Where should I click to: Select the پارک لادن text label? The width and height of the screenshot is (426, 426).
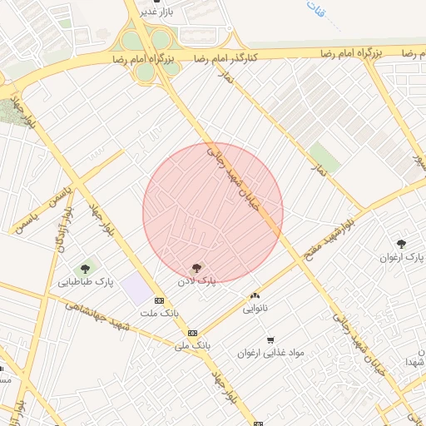[196, 282]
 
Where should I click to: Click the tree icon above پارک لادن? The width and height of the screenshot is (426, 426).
[196, 268]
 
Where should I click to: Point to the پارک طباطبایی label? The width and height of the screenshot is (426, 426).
[86, 283]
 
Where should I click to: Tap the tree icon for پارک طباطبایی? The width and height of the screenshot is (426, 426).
[85, 269]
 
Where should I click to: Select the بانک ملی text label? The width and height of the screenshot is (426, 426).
[192, 344]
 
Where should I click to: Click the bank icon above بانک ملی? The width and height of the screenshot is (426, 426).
[192, 331]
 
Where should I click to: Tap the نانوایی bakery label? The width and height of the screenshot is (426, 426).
[255, 309]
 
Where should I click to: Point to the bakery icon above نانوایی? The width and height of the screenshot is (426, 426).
[255, 295]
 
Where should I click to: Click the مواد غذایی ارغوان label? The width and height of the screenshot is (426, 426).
[271, 353]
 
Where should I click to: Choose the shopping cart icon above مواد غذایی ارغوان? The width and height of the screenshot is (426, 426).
[270, 339]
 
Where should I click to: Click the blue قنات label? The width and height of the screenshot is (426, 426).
[315, 11]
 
